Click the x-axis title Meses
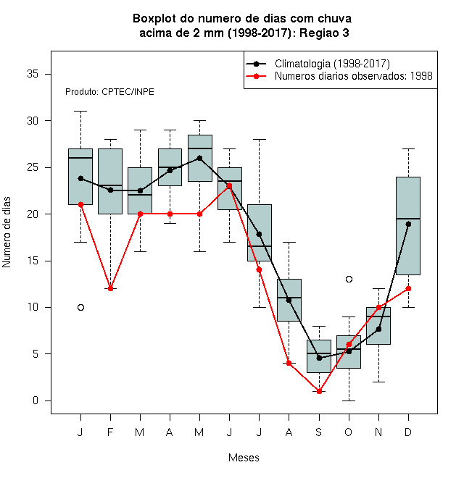tap(244, 458)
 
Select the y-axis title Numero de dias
tap(7, 232)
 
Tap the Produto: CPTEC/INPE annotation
tap(109, 92)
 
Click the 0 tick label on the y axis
tap(36, 401)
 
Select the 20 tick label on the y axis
tap(33, 214)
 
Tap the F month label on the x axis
tap(110, 432)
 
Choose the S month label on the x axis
tap(319, 432)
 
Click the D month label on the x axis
tap(408, 432)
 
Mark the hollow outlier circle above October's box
tap(349, 280)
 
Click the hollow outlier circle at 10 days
tap(80, 307)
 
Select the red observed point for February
tap(110, 288)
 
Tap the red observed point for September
tap(319, 391)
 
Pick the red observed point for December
tap(408, 288)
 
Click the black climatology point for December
tap(408, 224)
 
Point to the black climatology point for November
tap(378, 330)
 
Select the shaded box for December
tap(408, 226)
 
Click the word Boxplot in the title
tap(154, 19)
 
